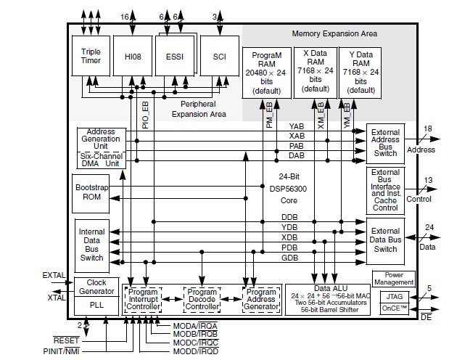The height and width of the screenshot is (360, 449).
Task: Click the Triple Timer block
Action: (91, 56)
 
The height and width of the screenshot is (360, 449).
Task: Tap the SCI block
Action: (218, 55)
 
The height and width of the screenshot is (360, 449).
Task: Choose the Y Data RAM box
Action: (360, 71)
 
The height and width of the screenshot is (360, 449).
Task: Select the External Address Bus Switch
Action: (385, 142)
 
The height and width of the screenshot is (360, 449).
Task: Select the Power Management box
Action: (393, 277)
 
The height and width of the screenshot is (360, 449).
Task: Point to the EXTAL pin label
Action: (54, 276)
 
